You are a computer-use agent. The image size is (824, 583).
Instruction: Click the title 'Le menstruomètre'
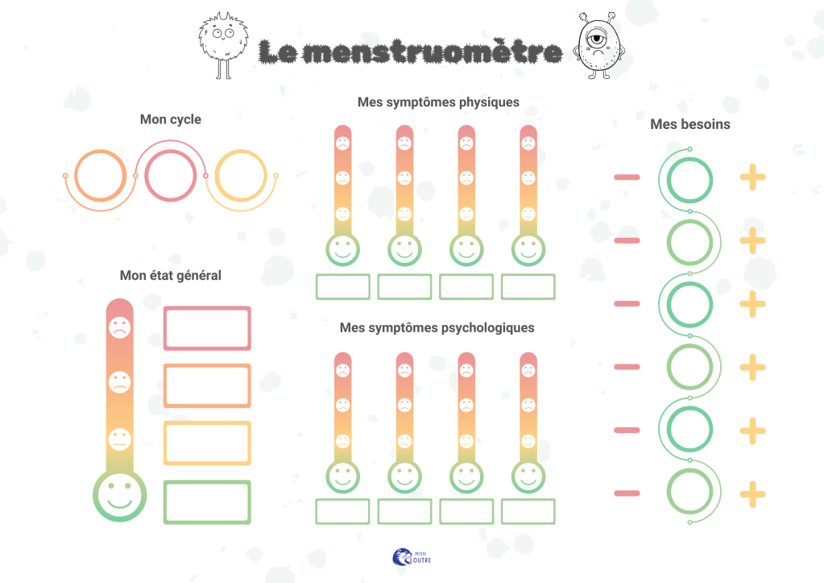point(411,52)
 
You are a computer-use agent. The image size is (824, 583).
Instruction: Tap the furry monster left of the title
point(223,45)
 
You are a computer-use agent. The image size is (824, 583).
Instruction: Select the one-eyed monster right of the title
point(599,45)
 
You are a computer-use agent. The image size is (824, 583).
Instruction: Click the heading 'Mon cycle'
point(170,119)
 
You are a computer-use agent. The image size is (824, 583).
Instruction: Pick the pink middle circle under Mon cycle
point(145,176)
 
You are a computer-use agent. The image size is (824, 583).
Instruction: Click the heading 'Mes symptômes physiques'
point(438,102)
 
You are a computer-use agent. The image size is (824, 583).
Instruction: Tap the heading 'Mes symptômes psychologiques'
point(437,328)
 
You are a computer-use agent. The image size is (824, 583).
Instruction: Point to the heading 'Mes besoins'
point(690,124)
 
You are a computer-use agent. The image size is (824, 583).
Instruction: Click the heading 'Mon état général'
point(170,276)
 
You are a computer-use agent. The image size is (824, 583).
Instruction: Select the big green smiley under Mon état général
point(120,496)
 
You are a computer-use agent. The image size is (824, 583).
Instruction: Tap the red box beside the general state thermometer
point(207,308)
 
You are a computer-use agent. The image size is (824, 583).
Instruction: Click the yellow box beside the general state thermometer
point(207,423)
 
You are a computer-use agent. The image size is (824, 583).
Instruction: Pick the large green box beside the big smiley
point(207,482)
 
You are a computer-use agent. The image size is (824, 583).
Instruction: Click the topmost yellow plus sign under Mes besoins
point(752,177)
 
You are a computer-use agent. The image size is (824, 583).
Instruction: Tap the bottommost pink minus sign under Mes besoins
point(627,493)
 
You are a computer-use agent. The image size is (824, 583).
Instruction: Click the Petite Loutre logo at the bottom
point(412,557)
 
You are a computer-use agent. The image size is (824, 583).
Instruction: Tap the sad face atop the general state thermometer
point(120,328)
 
